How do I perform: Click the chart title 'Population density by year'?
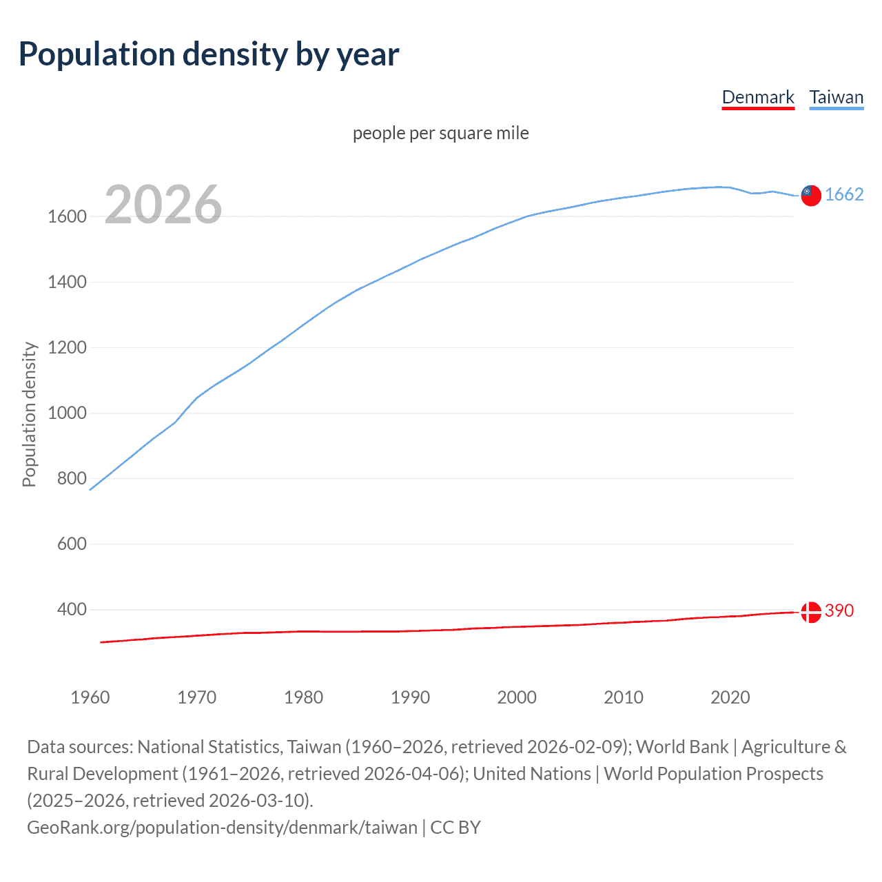209,54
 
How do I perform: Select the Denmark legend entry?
758,97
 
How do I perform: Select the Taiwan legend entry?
837,97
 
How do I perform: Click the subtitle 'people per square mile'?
441,133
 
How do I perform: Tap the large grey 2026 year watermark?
163,205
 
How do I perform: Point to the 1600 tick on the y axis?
67,216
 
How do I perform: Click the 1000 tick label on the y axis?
67,413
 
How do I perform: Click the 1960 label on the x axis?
90,697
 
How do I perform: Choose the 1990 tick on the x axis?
410,697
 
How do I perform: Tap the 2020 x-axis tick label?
730,697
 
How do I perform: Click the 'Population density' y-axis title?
29,414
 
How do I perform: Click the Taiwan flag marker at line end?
811,196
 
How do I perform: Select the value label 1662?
844,195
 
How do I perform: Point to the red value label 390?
839,611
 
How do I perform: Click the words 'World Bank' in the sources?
681,747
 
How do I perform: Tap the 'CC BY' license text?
455,828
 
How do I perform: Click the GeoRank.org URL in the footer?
222,828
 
